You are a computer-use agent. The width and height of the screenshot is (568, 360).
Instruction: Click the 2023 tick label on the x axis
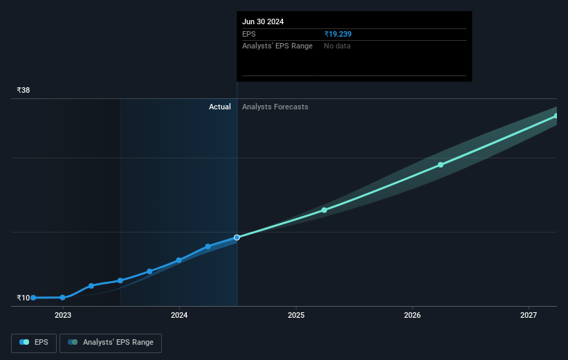63,316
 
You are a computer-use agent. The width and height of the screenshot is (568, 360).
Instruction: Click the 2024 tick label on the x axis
179,316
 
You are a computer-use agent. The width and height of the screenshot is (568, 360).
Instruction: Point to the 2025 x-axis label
296,316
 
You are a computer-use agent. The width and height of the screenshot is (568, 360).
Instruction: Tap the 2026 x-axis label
412,316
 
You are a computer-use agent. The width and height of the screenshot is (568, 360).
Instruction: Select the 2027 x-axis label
529,316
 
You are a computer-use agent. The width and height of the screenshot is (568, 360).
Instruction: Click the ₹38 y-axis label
24,91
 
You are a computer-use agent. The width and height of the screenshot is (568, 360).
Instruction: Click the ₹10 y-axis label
24,298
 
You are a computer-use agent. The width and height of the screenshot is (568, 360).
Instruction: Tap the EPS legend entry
35,343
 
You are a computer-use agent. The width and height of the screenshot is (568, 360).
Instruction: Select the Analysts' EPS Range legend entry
111,343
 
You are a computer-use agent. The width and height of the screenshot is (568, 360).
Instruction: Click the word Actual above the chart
220,107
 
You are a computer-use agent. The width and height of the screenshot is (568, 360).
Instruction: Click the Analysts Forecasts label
275,107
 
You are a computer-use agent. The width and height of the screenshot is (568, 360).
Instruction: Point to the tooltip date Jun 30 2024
263,21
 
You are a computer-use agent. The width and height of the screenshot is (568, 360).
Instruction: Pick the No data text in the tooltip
338,46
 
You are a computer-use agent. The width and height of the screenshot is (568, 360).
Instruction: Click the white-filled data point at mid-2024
237,237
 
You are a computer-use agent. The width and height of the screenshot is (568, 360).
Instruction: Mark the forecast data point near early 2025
324,210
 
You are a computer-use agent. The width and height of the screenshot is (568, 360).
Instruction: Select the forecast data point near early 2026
441,165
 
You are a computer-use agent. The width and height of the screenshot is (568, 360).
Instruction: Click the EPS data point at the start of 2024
179,260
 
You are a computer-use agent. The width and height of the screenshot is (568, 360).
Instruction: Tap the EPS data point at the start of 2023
63,298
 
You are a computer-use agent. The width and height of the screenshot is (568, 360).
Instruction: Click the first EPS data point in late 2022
33,298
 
